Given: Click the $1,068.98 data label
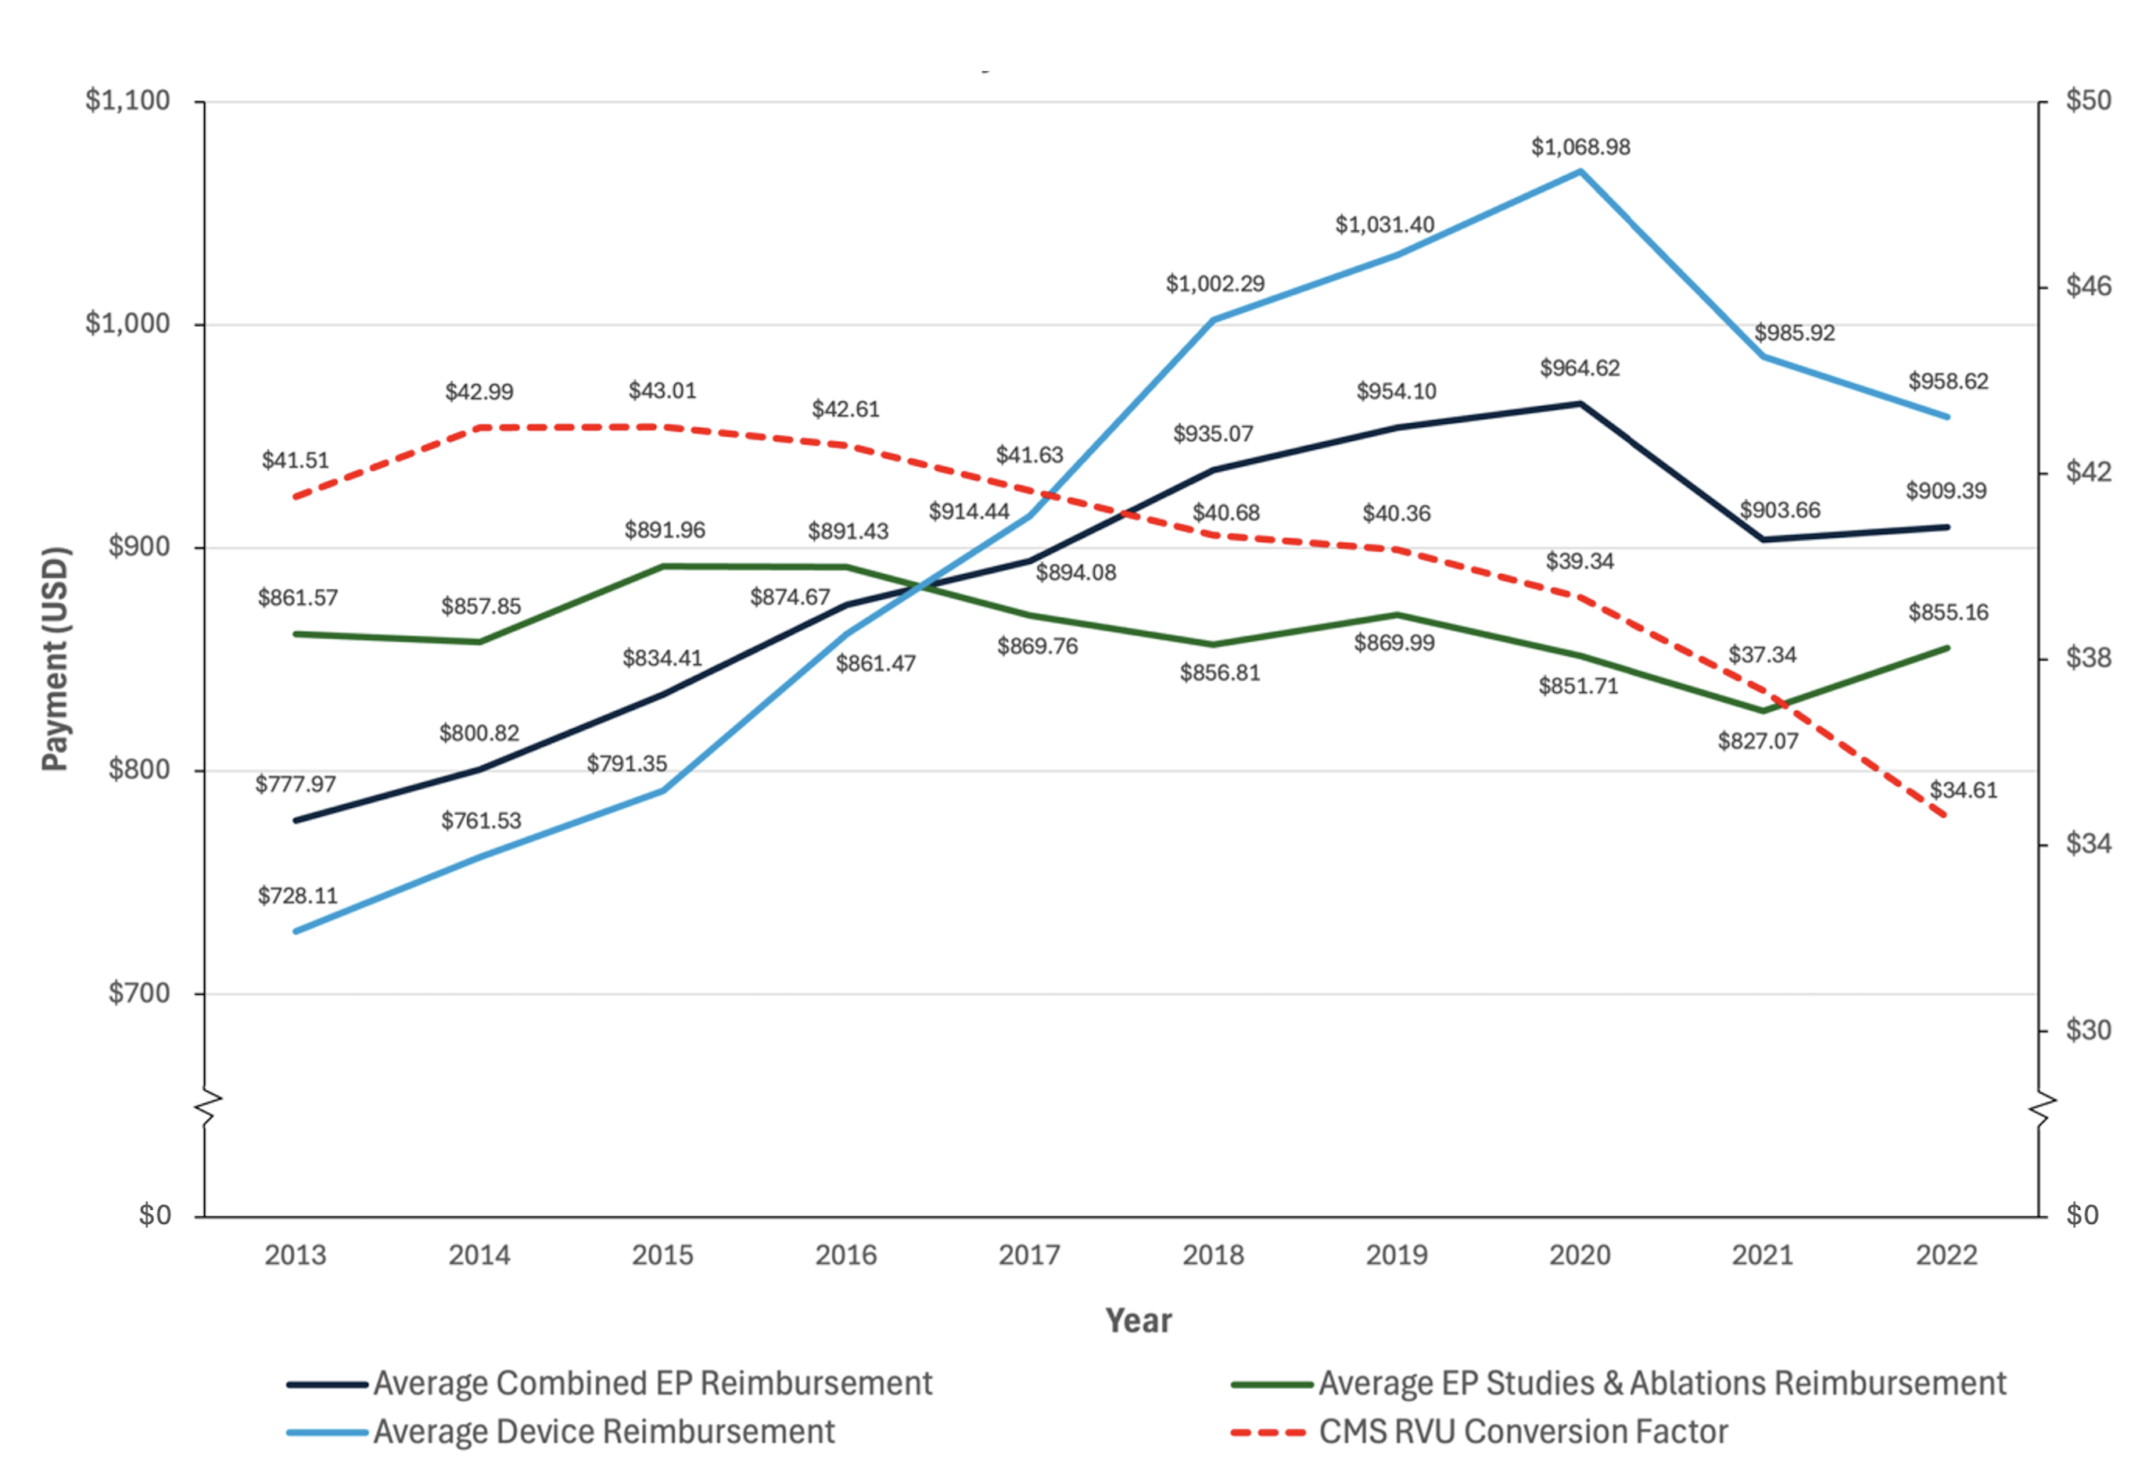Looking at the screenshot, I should [x=1580, y=147].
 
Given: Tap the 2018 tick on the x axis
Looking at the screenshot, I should [x=1213, y=1255].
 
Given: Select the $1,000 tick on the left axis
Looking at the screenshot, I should [x=127, y=324].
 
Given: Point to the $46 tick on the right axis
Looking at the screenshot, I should [x=2088, y=285].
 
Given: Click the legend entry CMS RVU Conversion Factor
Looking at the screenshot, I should [x=1522, y=1431].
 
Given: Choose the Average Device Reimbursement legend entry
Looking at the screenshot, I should [x=603, y=1431].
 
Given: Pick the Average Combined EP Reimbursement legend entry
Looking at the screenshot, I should [x=652, y=1383].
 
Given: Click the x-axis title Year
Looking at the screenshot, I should [x=1139, y=1321].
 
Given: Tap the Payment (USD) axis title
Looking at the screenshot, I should [x=56, y=659].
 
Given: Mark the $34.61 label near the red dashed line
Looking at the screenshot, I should [x=1963, y=791].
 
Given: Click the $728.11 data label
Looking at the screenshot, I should [x=298, y=896].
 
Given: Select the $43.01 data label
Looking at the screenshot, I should [x=662, y=391].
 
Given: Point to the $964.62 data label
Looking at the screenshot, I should [x=1580, y=368].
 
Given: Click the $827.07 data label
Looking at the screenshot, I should [x=1758, y=741].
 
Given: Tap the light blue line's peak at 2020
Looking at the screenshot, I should [x=1580, y=171].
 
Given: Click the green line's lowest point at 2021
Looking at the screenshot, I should [x=1762, y=711].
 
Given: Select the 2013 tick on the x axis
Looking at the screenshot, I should [x=295, y=1255].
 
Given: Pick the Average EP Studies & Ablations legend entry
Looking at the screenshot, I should [x=1662, y=1383].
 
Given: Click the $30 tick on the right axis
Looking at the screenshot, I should [x=2088, y=1030].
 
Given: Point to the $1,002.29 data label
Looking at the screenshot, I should [x=1215, y=284].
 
